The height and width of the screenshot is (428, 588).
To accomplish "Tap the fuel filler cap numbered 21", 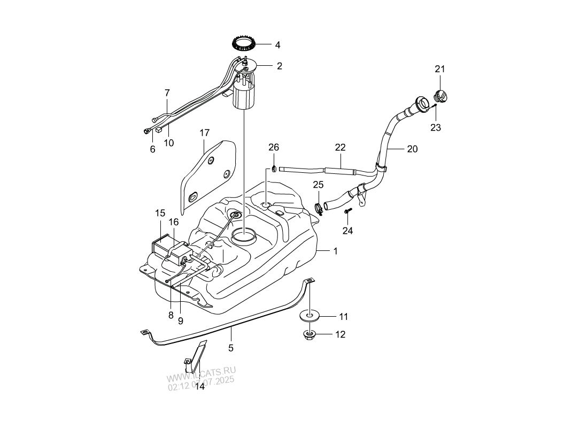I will click(442, 97).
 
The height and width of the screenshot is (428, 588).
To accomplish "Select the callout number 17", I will click(205, 133).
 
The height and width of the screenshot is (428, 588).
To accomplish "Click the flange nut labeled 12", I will click(309, 335).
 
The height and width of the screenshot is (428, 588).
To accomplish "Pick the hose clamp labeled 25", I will click(319, 209).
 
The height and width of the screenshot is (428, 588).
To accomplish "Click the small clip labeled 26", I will click(274, 170).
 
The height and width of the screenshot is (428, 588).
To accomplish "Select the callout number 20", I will click(412, 149).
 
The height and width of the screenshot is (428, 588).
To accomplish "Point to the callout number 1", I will click(336, 251).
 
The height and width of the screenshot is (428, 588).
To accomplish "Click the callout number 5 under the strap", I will click(231, 348).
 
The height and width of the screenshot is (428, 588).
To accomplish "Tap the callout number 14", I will click(199, 386).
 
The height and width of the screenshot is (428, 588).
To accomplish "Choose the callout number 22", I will click(341, 147).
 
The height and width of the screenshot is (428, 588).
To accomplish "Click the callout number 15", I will click(160, 213).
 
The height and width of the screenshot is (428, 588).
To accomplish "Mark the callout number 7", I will click(167, 93).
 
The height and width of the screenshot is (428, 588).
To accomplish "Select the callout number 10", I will click(169, 143).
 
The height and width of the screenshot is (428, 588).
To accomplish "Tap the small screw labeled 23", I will click(436, 106).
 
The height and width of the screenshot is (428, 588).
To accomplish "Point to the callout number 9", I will click(180, 321).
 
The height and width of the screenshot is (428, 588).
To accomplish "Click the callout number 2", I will click(279, 66).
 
